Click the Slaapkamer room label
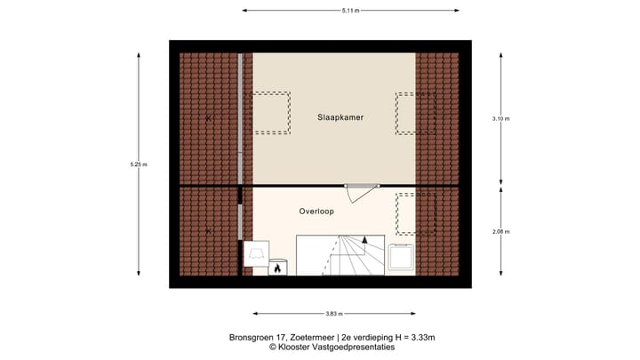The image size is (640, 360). click(x=341, y=117)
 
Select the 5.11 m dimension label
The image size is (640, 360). click(x=351, y=11)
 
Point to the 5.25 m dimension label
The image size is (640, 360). click(x=139, y=164)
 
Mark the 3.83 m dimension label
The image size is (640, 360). click(x=334, y=314)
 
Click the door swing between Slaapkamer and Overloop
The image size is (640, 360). click(x=362, y=192)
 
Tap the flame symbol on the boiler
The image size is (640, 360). click(x=276, y=267)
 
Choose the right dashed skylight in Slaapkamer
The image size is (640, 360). click(x=415, y=113)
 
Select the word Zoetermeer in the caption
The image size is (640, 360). click(x=307, y=338)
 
